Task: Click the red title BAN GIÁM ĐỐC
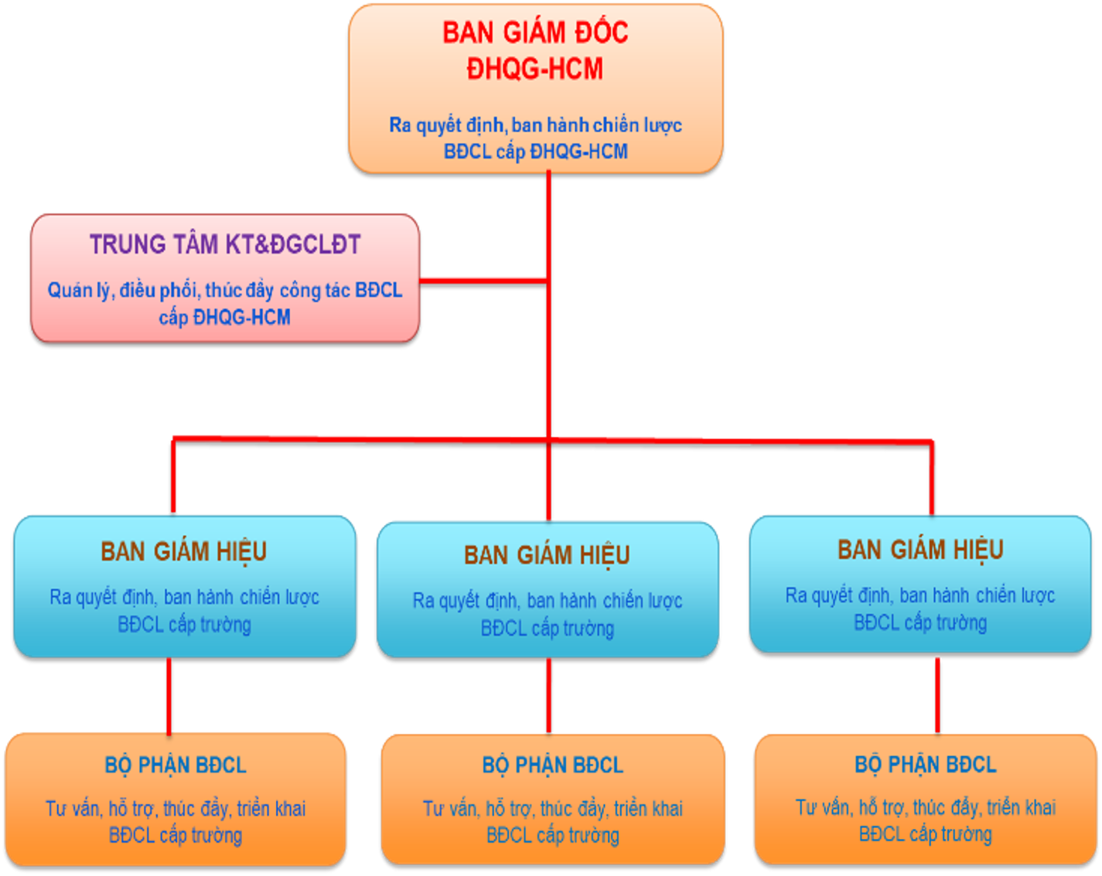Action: tap(535, 33)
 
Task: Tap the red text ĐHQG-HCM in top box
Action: tap(535, 70)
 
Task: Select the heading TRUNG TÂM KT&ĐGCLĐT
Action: tap(225, 245)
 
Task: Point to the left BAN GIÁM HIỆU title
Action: tap(184, 552)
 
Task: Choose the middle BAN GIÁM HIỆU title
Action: tap(547, 555)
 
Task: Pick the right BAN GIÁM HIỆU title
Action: tap(920, 550)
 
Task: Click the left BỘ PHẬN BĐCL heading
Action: tap(176, 765)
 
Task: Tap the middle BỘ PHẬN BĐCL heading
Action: tap(552, 765)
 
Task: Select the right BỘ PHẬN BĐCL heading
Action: tap(925, 765)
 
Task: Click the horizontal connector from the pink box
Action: tap(483, 280)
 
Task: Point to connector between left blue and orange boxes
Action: tap(169, 694)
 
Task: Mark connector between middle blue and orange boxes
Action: tap(548, 694)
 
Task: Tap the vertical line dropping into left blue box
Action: tap(173, 475)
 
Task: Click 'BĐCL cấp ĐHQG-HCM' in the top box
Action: tap(535, 152)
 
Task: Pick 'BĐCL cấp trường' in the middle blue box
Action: tap(547, 629)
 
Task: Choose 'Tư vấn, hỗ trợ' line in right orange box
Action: tap(925, 808)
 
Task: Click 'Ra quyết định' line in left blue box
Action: tap(184, 598)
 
